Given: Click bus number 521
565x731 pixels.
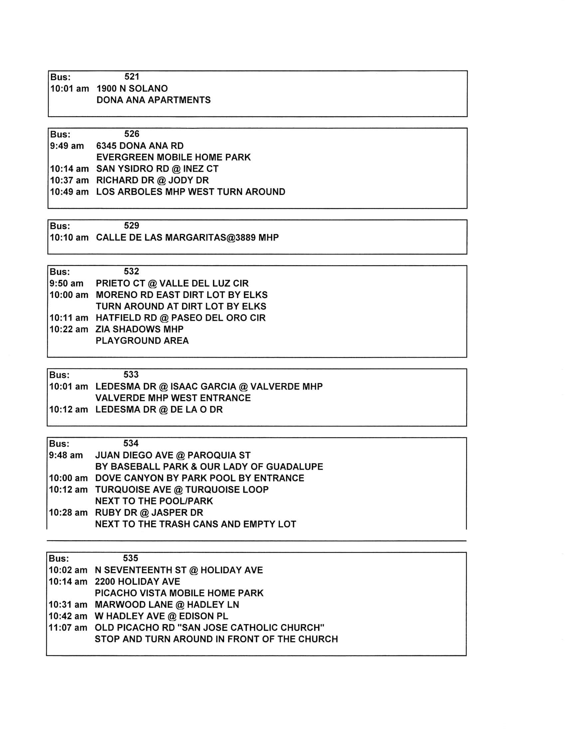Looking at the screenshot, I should tap(132, 76).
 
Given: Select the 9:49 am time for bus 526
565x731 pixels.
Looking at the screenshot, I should tap(67, 146).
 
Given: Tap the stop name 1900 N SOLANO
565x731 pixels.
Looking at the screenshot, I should tap(132, 88).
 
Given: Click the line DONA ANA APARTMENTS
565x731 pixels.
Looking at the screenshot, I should tap(153, 100).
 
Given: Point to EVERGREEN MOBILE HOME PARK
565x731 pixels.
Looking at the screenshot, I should tap(173, 157).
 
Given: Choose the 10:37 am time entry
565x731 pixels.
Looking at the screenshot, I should tap(69, 180).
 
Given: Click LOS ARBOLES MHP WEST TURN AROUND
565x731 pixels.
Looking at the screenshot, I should tap(191, 192).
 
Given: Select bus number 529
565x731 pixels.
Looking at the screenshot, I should tap(131, 225).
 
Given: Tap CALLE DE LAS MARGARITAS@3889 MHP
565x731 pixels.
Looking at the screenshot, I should tap(187, 238).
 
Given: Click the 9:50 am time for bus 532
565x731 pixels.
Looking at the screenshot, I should tap(66, 283).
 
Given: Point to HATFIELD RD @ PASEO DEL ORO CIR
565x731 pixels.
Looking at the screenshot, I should tap(181, 318).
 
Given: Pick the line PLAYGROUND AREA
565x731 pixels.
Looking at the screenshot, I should tap(142, 341).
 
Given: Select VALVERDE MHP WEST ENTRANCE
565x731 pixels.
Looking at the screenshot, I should tap(173, 398).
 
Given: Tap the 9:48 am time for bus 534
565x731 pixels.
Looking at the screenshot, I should tap(66, 455).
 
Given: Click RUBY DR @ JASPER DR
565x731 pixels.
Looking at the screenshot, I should tap(149, 512).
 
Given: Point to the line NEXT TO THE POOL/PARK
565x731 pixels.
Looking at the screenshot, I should tap(154, 501).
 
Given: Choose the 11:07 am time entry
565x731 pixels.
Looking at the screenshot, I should tap(68, 628).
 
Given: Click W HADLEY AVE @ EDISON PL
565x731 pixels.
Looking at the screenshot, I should tap(161, 616).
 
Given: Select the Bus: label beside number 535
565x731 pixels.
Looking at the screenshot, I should tap(59, 558).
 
